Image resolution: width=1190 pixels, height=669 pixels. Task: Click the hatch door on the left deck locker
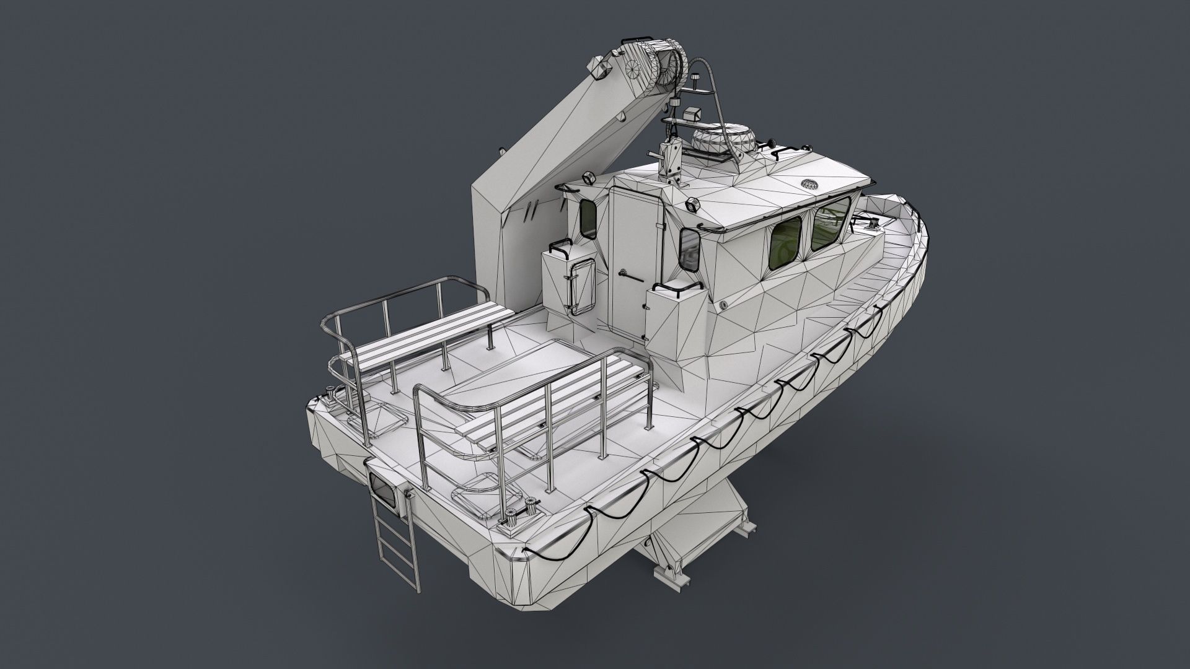click(x=582, y=288)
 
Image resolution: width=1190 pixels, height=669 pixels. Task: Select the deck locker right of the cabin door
click(x=672, y=316)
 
